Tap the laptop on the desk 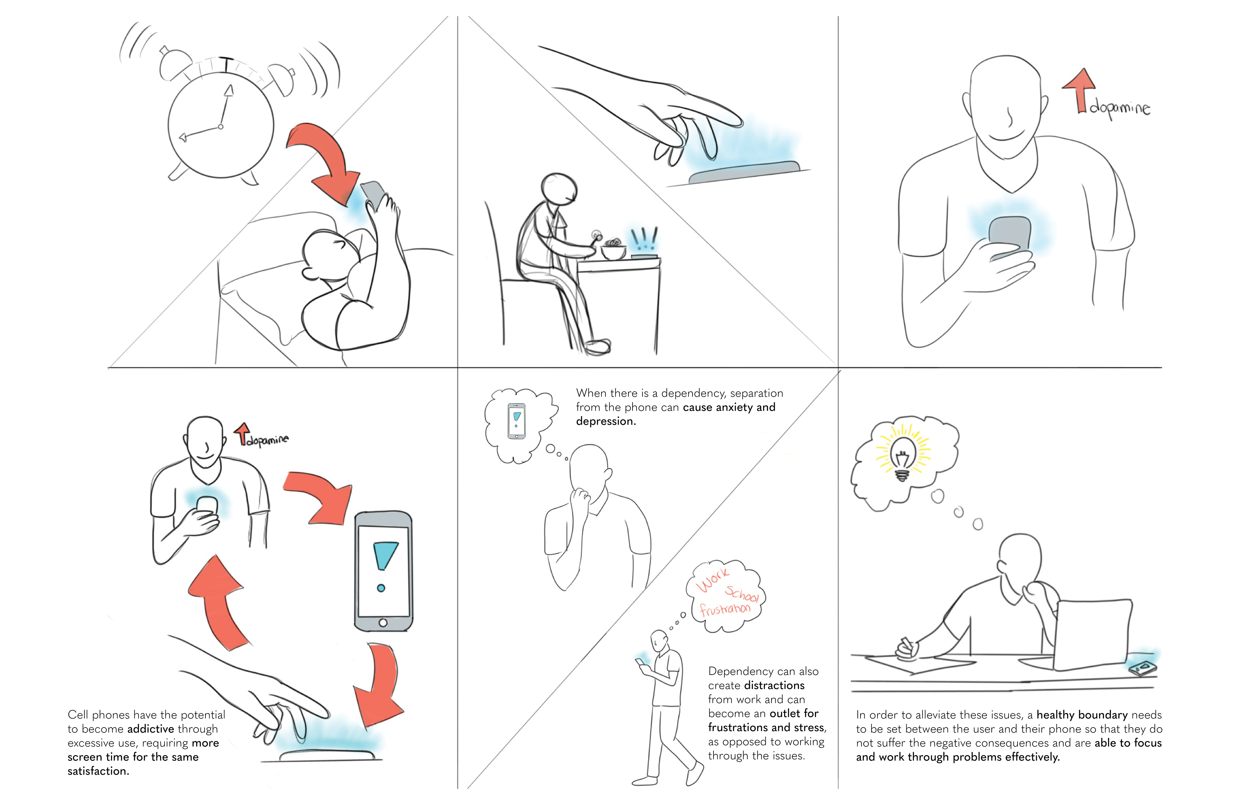click(x=1092, y=635)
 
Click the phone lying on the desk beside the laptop click(x=1143, y=669)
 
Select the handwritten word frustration click(x=725, y=609)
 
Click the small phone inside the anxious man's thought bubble click(x=516, y=421)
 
